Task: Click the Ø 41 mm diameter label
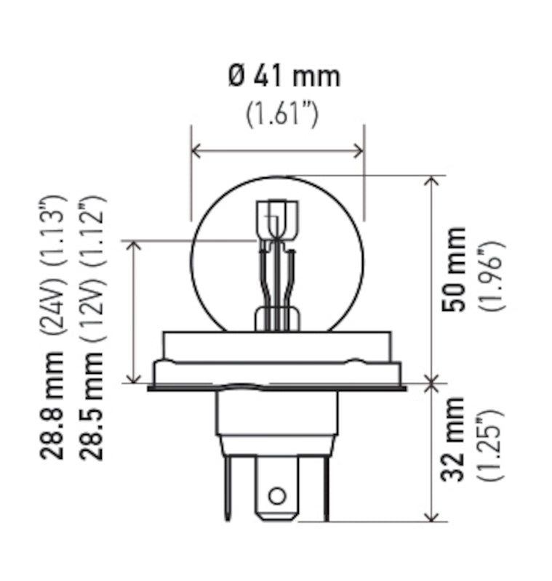pyautogui.click(x=284, y=76)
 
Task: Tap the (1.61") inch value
pyautogui.click(x=282, y=115)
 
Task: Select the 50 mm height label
pyautogui.click(x=455, y=269)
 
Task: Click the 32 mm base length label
pyautogui.click(x=455, y=439)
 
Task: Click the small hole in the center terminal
pyautogui.click(x=276, y=497)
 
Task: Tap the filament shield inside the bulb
pyautogui.click(x=276, y=218)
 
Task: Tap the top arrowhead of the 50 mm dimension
pyautogui.click(x=433, y=181)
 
